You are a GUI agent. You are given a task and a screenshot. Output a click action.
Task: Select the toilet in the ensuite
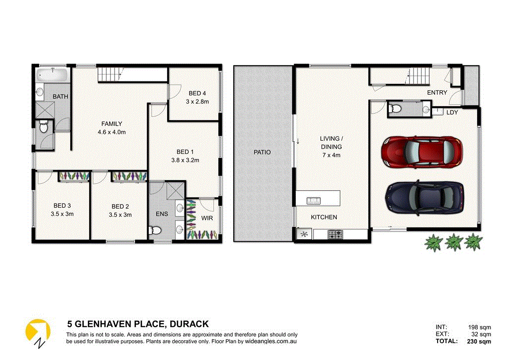(x=155, y=230)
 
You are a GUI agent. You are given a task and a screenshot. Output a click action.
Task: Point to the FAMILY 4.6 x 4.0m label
(x=112, y=128)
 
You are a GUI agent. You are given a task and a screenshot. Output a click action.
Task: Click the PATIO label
(x=262, y=152)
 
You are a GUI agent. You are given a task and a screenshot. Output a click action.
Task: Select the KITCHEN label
(x=323, y=217)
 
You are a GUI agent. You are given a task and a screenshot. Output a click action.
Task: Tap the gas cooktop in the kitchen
(x=334, y=233)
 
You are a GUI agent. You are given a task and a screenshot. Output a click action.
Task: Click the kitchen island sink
(x=313, y=201)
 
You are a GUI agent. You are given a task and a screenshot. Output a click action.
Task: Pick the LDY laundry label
(x=452, y=112)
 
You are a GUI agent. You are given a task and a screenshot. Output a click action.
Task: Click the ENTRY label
(x=437, y=92)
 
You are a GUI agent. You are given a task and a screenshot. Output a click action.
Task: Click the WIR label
(x=206, y=217)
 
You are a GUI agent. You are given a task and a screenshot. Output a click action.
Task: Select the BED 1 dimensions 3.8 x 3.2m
(x=183, y=160)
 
